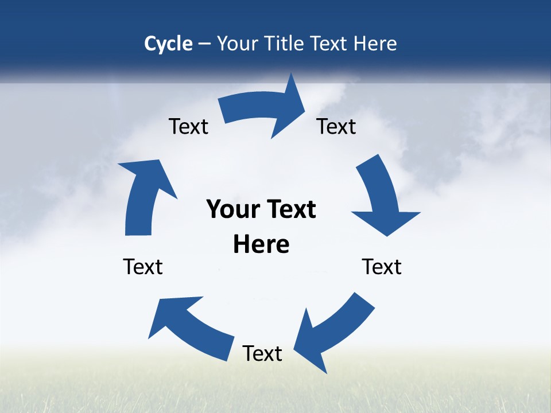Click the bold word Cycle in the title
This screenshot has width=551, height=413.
(168, 44)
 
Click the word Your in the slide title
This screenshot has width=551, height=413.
(236, 44)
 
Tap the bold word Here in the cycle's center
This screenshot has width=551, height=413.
(261, 244)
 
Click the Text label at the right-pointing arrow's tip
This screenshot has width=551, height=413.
(336, 126)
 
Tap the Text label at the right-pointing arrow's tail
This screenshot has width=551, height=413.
(188, 126)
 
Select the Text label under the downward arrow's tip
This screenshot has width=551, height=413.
(382, 267)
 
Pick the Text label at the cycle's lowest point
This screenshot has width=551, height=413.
(262, 353)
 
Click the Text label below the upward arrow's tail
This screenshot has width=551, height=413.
(143, 267)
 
